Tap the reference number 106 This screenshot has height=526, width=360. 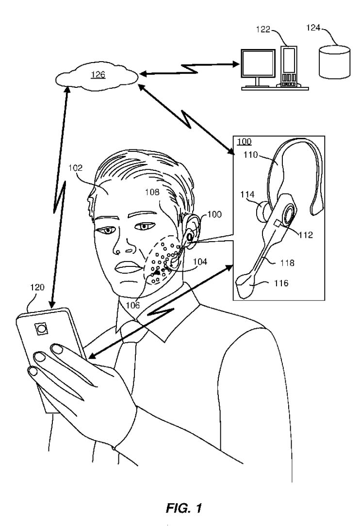click(132, 305)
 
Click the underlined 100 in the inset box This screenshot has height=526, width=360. click(244, 142)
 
